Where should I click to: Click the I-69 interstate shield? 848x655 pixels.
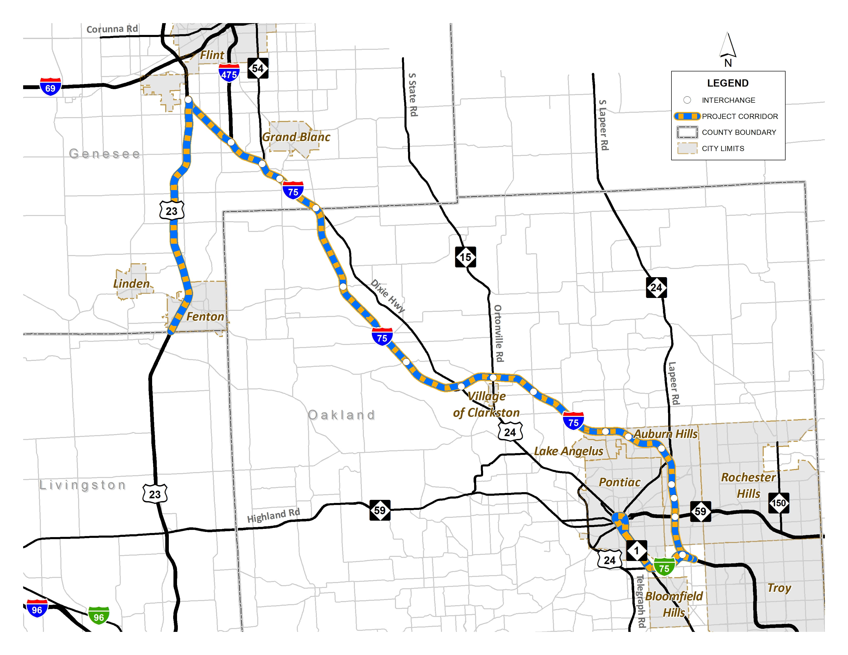pyautogui.click(x=50, y=87)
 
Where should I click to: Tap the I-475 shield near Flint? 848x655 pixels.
pyautogui.click(x=229, y=73)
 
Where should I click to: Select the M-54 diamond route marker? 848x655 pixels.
pyautogui.click(x=258, y=68)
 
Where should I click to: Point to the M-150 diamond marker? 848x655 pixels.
pyautogui.click(x=779, y=503)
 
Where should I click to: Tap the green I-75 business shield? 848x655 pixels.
pyautogui.click(x=664, y=567)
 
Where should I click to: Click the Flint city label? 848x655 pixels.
pyautogui.click(x=212, y=55)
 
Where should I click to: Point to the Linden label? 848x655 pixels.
pyautogui.click(x=131, y=284)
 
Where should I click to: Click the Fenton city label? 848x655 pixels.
pyautogui.click(x=205, y=317)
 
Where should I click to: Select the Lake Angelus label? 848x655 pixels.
pyautogui.click(x=568, y=451)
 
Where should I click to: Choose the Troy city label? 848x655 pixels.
pyautogui.click(x=779, y=587)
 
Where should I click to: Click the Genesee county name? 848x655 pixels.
pyautogui.click(x=104, y=154)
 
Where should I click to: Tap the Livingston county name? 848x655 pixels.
pyautogui.click(x=83, y=485)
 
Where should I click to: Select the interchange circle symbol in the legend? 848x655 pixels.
pyautogui.click(x=687, y=100)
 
